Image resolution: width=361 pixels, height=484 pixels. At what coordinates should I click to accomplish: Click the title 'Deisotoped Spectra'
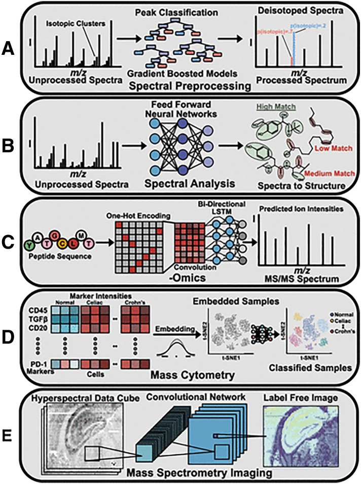[301, 11]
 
